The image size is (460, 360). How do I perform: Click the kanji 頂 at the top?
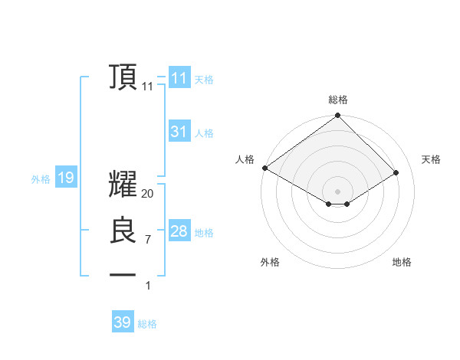(123, 77)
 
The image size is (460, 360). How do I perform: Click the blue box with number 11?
(179, 78)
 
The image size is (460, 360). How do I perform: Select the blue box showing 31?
(179, 132)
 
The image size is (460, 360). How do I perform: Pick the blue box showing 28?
(179, 231)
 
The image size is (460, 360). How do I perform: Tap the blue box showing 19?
(65, 178)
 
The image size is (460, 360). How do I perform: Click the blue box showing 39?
(122, 322)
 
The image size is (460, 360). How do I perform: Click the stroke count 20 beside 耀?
(148, 194)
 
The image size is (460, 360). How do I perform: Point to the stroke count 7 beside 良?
(148, 240)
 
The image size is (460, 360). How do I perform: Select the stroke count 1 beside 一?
(148, 286)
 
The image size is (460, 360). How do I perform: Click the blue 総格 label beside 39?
(147, 324)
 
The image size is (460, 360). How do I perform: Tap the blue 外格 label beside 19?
(41, 179)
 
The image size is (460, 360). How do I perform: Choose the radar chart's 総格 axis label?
(338, 100)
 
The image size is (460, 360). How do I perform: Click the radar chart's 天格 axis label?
(431, 159)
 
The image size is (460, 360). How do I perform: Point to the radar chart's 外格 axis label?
(270, 262)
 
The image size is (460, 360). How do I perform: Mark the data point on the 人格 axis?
(264, 168)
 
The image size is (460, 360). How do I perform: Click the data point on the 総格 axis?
(338, 116)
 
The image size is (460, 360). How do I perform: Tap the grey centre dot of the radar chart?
(338, 191)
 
